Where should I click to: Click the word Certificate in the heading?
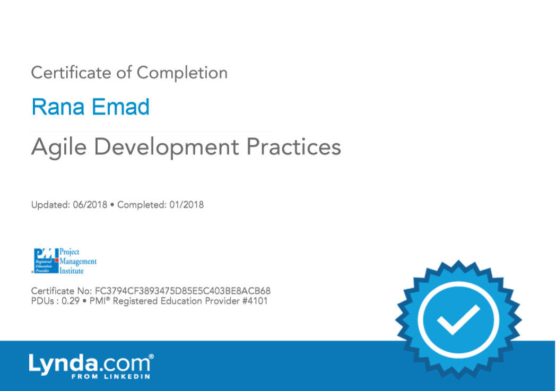[71, 73]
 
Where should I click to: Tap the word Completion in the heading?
[182, 73]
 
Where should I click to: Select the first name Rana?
[58, 107]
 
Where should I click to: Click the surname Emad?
[121, 107]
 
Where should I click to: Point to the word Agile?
[59, 147]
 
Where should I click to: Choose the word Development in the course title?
[166, 147]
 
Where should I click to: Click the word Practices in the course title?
[293, 147]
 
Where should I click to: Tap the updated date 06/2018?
[90, 205]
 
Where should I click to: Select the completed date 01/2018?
[187, 205]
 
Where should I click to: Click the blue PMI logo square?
[46, 260]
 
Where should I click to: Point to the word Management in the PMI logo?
[78, 262]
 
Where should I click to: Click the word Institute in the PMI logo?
[72, 271]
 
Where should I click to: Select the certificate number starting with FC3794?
[183, 291]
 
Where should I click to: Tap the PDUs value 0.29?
[71, 301]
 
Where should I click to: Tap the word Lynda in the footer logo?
[63, 364]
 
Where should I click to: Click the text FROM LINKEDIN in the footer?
[111, 377]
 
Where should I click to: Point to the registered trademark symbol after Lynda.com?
[151, 356]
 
